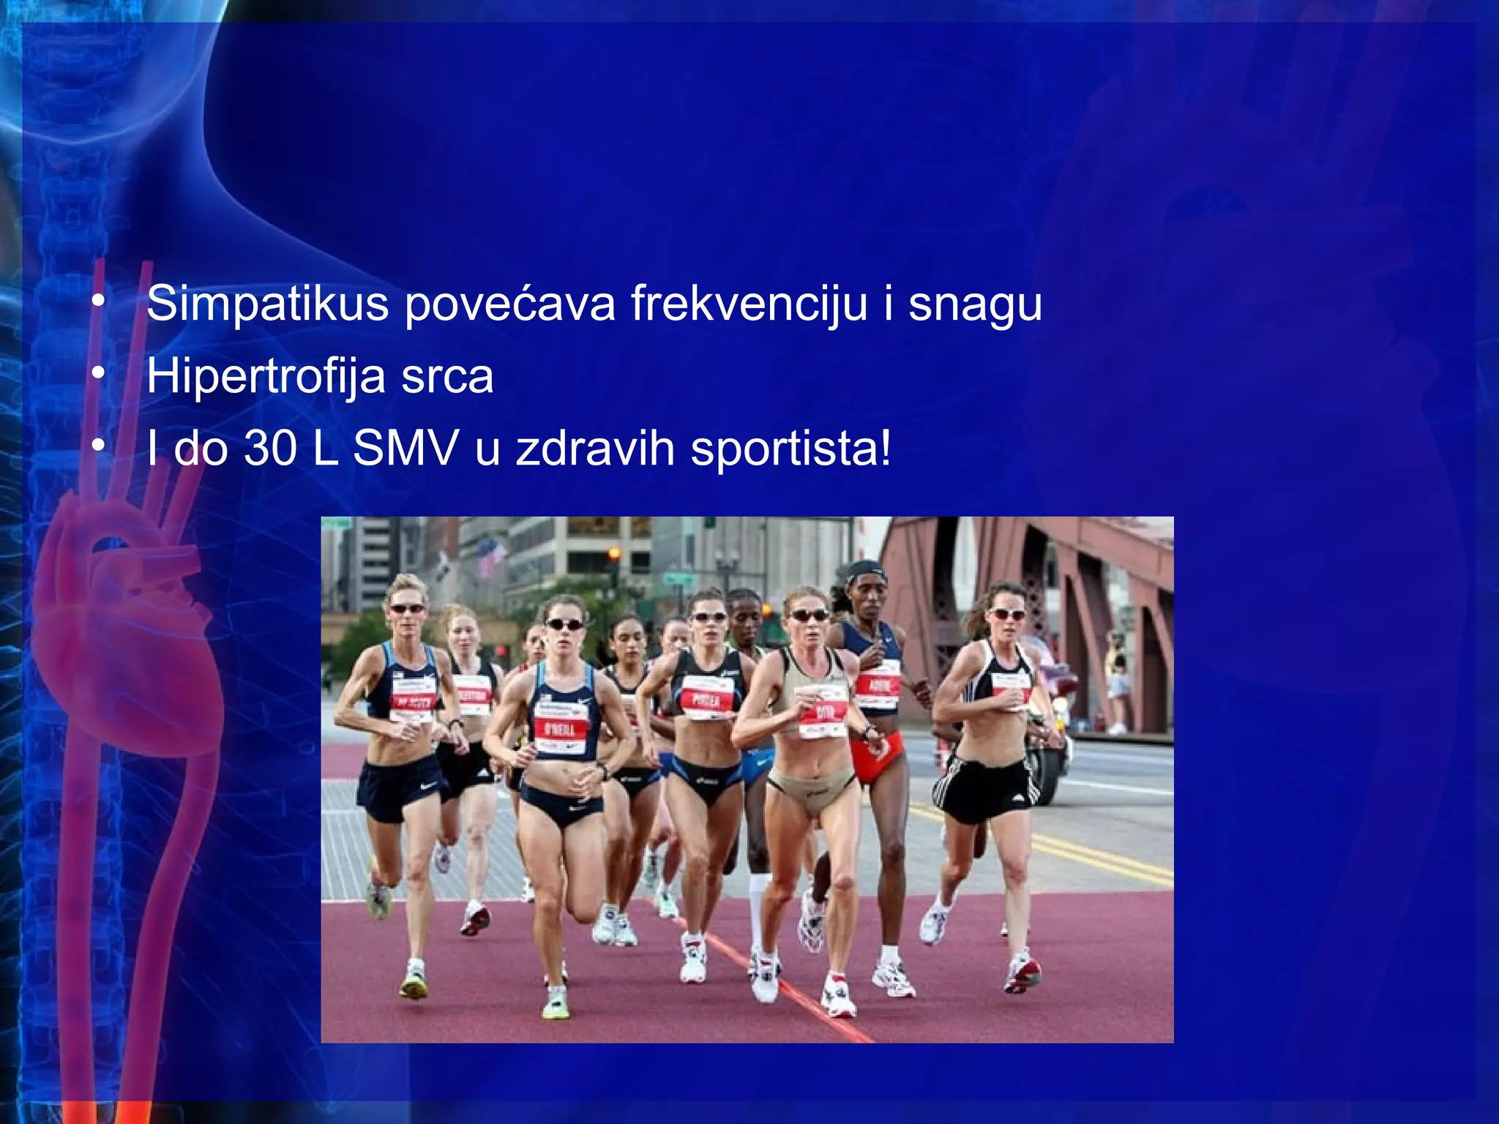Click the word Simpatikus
pos(267,304)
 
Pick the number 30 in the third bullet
pos(270,448)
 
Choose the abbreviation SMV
pos(406,448)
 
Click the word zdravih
pos(595,448)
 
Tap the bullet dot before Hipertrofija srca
pos(98,374)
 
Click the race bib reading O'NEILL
pos(561,728)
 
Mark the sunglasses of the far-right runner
pos(1008,614)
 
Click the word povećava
pos(510,304)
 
